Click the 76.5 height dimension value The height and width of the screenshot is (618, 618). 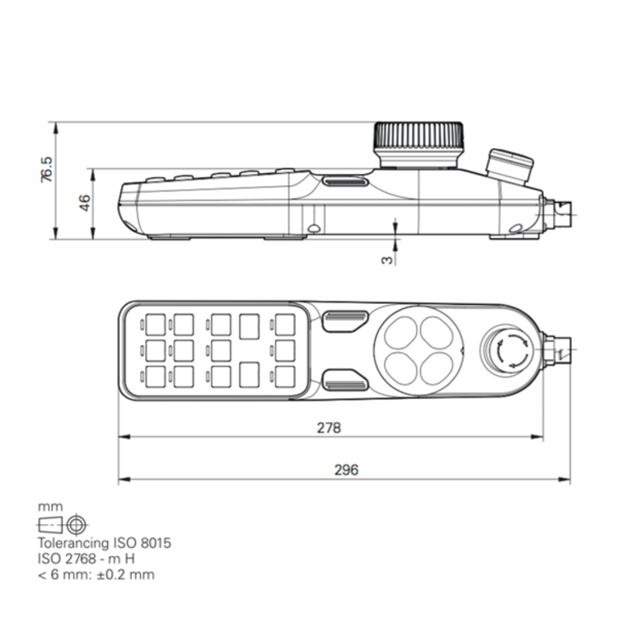[x=47, y=171]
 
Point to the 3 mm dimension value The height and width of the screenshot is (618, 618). [x=386, y=259]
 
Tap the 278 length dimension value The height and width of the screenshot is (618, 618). [x=329, y=428]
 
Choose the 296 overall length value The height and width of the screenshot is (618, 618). [x=346, y=470]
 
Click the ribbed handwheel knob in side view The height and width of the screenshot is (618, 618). [x=419, y=145]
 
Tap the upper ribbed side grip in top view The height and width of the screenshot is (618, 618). [x=344, y=321]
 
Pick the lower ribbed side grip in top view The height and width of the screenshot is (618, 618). [x=344, y=381]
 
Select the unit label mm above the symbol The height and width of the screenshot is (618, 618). [x=49, y=507]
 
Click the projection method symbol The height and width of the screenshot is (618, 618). [x=63, y=524]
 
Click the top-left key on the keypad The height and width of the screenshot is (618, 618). [x=154, y=324]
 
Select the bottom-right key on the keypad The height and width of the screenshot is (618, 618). [x=285, y=376]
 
